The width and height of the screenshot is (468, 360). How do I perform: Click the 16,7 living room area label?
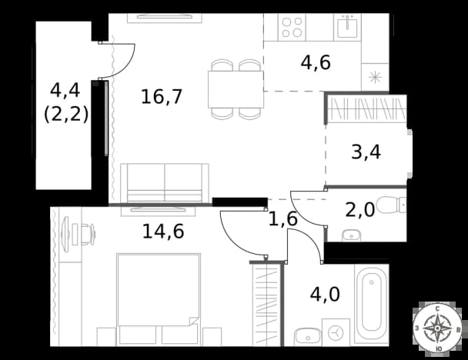click(162, 97)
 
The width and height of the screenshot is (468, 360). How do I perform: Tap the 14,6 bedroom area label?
click(163, 231)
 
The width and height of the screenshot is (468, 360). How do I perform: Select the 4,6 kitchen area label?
click(316, 62)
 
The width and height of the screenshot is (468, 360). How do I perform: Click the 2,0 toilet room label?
click(360, 209)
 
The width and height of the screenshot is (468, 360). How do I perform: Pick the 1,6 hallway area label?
click(283, 218)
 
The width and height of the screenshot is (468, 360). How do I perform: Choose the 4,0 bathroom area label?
click(325, 294)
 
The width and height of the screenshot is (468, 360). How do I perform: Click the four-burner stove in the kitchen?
click(292, 28)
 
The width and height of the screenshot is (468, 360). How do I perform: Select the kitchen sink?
click(347, 26)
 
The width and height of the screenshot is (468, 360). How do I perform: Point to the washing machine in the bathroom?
click(336, 332)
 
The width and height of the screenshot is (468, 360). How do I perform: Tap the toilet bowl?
click(391, 205)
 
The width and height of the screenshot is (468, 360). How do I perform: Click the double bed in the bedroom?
click(159, 299)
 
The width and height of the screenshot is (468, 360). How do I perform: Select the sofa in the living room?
click(165, 183)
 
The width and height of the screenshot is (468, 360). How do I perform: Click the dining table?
click(236, 89)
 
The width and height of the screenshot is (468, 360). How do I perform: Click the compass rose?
click(437, 328)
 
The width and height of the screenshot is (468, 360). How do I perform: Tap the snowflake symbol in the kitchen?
click(375, 78)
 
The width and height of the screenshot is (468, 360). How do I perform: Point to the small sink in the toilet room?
click(351, 235)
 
